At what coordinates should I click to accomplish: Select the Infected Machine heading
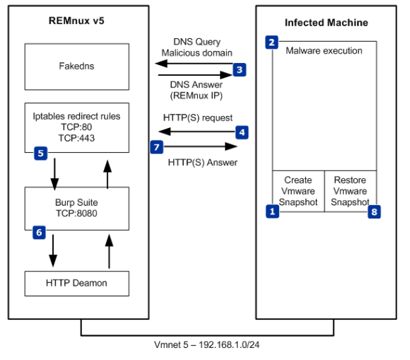click(x=326, y=23)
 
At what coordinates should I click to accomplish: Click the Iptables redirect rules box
click(x=77, y=127)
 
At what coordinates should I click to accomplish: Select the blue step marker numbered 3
click(x=240, y=70)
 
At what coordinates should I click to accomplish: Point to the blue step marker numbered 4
click(x=242, y=132)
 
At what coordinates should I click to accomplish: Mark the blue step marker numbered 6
click(x=40, y=232)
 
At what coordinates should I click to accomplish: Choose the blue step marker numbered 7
click(x=157, y=146)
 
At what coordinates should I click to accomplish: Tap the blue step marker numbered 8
click(x=375, y=211)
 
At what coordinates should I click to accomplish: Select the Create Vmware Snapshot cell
click(x=298, y=191)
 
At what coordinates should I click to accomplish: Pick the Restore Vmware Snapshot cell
click(x=350, y=191)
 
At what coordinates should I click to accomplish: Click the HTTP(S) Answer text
click(x=200, y=162)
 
